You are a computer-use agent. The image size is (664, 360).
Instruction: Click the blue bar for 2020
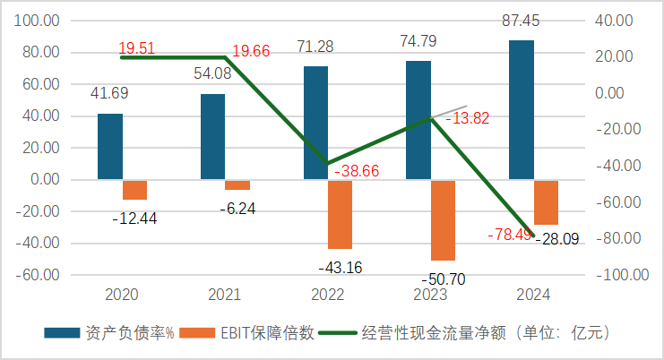pos(110,146)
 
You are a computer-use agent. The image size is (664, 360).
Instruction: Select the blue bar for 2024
pos(522,109)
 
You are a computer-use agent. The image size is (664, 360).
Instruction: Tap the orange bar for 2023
pos(444,219)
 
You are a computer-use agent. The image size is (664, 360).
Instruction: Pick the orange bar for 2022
pos(341,214)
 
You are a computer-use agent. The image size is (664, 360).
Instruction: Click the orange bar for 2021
pos(237,184)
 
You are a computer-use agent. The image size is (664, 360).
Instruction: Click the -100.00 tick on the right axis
pos(618,275)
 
